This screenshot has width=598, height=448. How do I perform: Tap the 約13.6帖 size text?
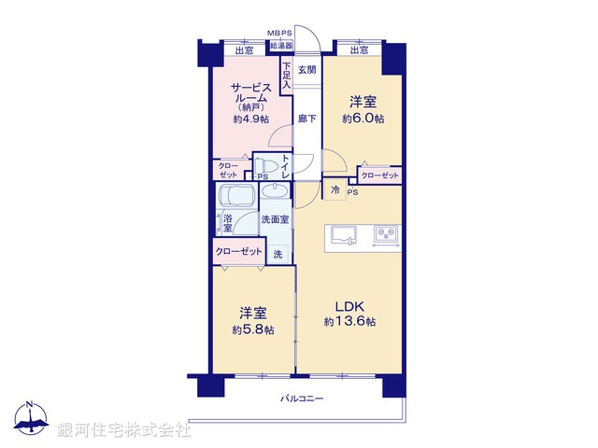coord(349,322)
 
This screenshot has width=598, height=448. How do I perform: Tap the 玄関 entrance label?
coord(306,70)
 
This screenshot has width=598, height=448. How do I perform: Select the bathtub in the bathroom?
coord(235,199)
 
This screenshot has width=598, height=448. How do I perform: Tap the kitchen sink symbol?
coord(343,234)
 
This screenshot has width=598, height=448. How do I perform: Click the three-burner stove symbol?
coord(386,234)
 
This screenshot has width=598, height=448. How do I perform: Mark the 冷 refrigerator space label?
coord(335,189)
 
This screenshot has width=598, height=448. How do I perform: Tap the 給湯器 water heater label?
coord(280,45)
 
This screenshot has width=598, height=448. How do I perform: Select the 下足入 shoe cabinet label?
coord(286,75)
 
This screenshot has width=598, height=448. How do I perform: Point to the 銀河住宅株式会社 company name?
coord(124,430)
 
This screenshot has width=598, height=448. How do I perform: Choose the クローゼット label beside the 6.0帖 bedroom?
coord(379,175)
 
